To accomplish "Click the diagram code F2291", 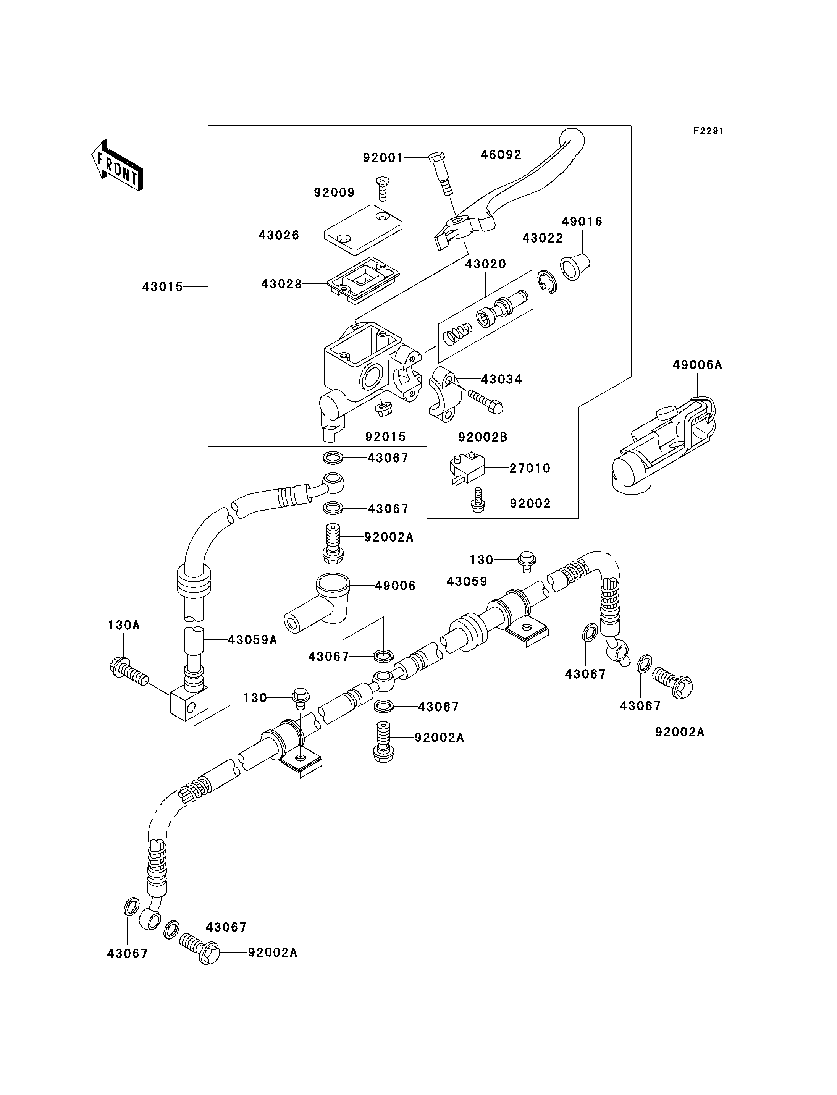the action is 708,131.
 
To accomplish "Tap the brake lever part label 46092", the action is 501,155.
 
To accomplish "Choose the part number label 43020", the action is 485,264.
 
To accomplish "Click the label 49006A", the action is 697,365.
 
